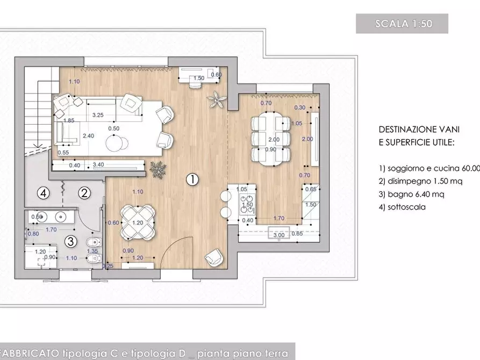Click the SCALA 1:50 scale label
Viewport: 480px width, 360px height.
tap(402, 24)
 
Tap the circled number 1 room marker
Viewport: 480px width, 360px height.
tap(192, 179)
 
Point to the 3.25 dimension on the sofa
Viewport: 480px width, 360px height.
tap(98, 114)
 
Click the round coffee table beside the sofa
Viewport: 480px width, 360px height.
tap(117, 143)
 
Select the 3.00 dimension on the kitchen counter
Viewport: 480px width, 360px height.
tap(279, 235)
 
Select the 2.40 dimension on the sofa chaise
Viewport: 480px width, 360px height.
tap(89, 136)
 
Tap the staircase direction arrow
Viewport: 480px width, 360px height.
tap(37, 145)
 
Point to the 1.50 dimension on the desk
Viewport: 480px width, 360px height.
tap(198, 78)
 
